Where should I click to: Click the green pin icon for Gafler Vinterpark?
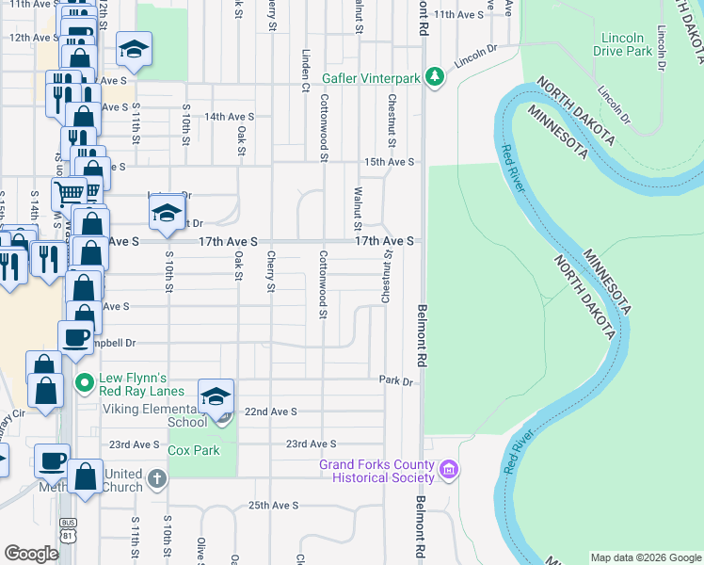434,76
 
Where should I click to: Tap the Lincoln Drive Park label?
625,43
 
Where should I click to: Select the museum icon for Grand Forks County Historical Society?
449,469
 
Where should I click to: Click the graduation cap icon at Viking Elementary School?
216,397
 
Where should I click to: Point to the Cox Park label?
194,450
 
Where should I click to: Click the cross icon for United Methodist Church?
157,479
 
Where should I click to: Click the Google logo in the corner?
31,554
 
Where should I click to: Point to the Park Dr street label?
395,381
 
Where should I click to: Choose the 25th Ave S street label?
274,506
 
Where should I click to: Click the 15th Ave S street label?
391,162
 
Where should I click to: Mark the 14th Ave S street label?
230,117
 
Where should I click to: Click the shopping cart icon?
70,194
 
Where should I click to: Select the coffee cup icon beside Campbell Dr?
75,337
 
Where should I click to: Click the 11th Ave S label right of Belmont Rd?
458,15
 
